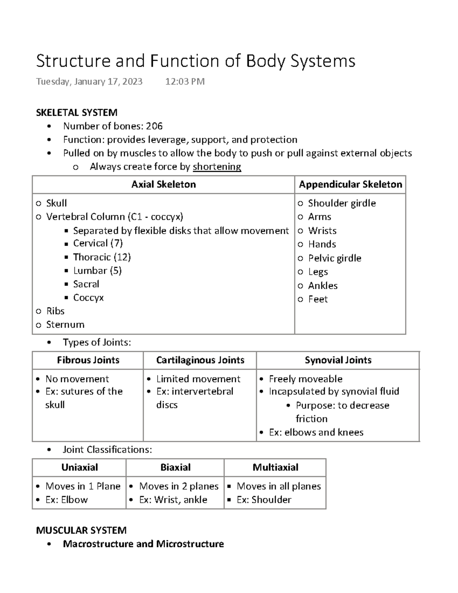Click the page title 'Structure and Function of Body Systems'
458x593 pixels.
click(x=195, y=61)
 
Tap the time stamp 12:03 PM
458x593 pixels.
click(x=185, y=81)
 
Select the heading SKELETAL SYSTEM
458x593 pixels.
click(x=76, y=113)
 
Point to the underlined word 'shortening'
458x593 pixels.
click(x=217, y=167)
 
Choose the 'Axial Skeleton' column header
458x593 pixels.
click(x=163, y=184)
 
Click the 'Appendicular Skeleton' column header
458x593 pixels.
click(x=350, y=184)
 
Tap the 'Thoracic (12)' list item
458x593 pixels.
click(x=102, y=257)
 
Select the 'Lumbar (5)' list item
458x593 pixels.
click(x=97, y=271)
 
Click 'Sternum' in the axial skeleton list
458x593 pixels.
click(x=65, y=325)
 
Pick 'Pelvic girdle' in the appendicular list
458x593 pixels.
click(x=334, y=258)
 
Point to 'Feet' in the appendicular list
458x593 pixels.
click(x=318, y=299)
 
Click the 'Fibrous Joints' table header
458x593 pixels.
click(x=88, y=360)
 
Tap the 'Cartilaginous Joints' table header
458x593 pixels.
click(x=200, y=360)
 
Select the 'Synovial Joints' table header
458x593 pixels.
click(x=338, y=360)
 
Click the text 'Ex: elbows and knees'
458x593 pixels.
click(x=316, y=432)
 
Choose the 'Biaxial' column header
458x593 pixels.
click(x=175, y=467)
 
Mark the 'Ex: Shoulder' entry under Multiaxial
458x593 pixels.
click(x=264, y=500)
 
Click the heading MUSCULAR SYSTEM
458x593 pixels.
click(x=81, y=530)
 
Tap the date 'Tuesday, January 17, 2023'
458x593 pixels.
click(x=89, y=81)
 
